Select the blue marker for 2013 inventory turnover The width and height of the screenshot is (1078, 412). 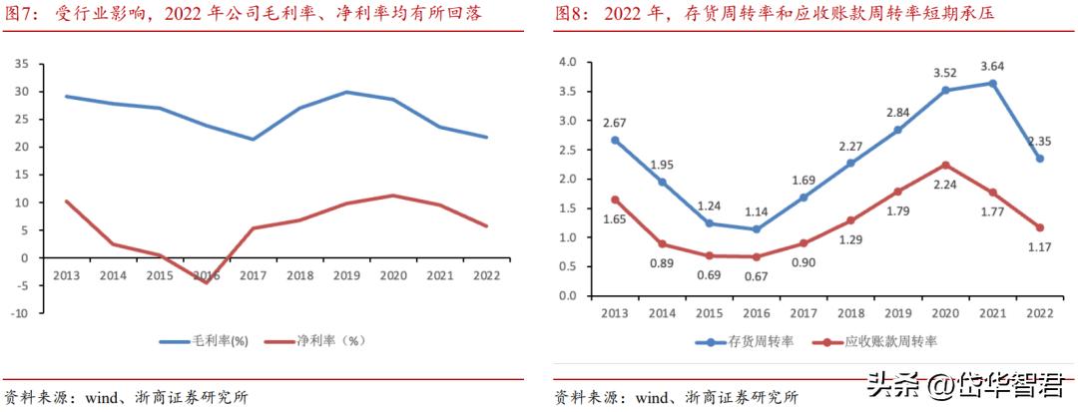[614, 140]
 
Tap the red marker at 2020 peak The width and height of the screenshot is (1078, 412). [944, 165]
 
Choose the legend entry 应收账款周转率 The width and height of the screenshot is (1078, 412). [878, 342]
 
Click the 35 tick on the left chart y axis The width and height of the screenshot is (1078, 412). [21, 64]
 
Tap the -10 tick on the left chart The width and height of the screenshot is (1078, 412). [19, 312]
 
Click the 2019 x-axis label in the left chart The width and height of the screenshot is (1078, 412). [345, 275]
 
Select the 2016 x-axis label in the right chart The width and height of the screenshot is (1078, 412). [756, 313]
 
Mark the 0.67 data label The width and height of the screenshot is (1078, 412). [756, 277]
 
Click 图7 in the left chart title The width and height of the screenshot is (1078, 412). [20, 14]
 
